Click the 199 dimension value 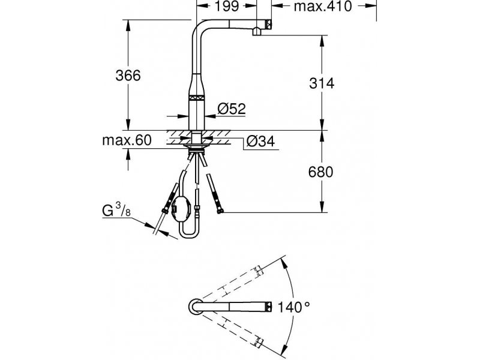(227, 6)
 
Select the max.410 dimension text (323, 6)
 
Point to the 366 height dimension (128, 76)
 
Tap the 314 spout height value (322, 83)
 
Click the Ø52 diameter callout (232, 109)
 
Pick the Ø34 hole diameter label (261, 141)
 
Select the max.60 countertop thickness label (127, 140)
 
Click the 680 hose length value (320, 172)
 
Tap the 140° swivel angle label (293, 307)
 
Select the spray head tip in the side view (268, 24)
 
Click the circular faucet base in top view (195, 306)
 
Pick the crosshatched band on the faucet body (196, 98)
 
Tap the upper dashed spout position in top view (233, 284)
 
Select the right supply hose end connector (220, 211)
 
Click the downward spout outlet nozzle (257, 31)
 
